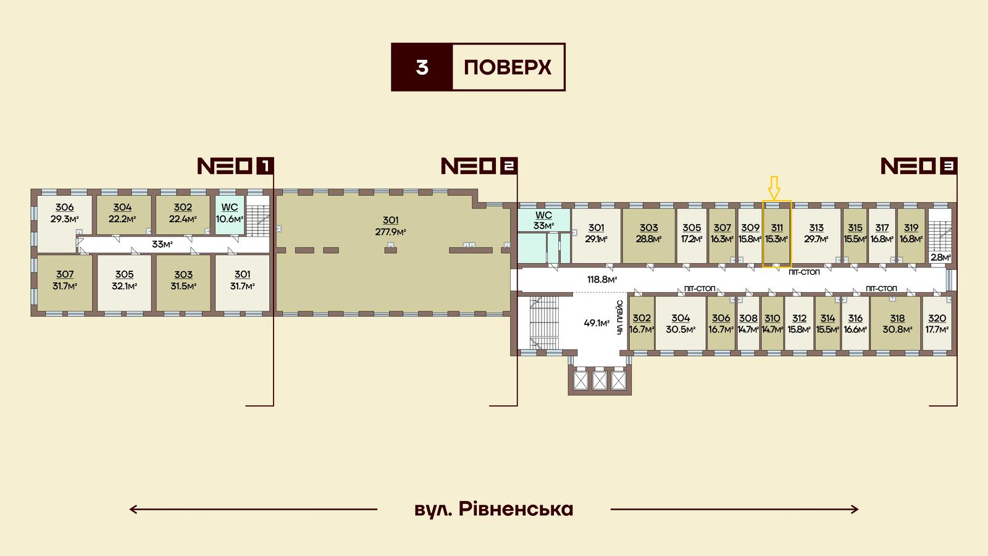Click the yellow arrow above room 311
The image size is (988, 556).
pos(774,188)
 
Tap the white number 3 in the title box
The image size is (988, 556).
pos(422,67)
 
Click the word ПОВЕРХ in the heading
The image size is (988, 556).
pos(508,67)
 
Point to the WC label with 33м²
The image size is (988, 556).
pos(543,220)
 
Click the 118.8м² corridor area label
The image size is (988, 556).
pos(602,279)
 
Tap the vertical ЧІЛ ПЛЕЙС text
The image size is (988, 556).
pos(620,317)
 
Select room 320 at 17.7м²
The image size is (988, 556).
pos(937,324)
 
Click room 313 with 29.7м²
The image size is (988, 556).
pos(816,234)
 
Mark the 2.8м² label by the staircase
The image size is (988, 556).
pos(940,257)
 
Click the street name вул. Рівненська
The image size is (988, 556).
pos(494,509)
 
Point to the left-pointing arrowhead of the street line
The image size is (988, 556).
pos(133,509)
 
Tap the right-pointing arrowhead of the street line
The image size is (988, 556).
pos(855,509)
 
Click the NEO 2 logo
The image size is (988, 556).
pos(479,166)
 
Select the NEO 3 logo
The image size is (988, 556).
pos(919,166)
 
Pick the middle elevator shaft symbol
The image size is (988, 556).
pos(600,381)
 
